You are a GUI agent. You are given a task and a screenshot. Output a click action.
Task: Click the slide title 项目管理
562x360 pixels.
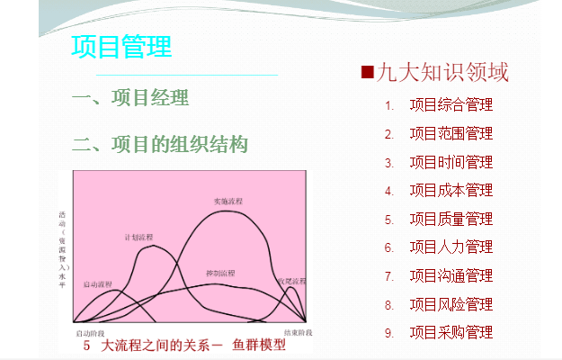click(x=121, y=46)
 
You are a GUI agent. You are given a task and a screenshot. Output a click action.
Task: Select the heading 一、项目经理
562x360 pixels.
click(x=130, y=98)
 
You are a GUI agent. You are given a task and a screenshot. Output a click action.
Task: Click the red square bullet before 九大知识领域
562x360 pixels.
click(x=367, y=72)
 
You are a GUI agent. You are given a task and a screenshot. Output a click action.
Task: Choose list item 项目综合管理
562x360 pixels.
click(x=451, y=105)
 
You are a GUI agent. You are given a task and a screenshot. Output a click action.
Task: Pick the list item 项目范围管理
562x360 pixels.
click(x=451, y=134)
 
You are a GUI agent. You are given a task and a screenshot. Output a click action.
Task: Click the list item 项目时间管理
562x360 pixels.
click(x=451, y=163)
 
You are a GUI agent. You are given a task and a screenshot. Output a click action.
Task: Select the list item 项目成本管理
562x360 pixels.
click(x=451, y=191)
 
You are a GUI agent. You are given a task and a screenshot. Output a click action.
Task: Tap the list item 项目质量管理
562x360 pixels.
click(x=451, y=219)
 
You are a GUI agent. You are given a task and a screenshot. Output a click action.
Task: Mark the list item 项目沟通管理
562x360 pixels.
click(x=451, y=275)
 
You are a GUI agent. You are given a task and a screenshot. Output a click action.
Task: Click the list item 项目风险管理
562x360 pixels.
click(x=451, y=304)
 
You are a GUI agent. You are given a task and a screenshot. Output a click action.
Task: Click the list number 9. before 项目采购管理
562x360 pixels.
click(x=389, y=333)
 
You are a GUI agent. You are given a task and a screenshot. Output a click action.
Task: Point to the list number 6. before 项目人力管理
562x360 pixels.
click(x=389, y=247)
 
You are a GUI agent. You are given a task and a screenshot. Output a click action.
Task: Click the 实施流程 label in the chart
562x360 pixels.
click(x=227, y=201)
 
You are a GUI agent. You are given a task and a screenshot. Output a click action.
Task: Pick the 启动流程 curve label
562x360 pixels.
click(x=97, y=284)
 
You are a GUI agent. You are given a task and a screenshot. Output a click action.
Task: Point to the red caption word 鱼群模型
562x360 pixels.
click(x=259, y=345)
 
